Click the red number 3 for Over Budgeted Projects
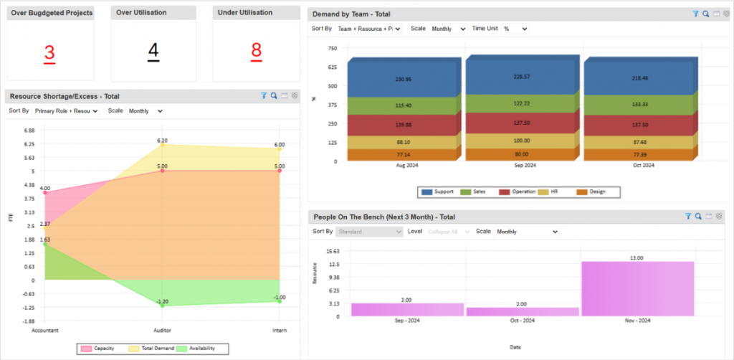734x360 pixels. click(x=49, y=53)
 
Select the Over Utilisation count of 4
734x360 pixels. click(x=153, y=52)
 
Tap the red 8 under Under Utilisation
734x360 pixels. click(x=256, y=52)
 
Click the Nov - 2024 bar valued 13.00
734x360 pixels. click(x=637, y=288)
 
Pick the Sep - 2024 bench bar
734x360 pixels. click(x=407, y=309)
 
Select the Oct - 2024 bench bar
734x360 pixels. click(x=522, y=311)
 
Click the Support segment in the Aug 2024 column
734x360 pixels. click(x=401, y=79)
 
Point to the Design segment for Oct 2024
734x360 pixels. click(x=638, y=155)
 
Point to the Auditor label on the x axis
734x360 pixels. click(x=162, y=331)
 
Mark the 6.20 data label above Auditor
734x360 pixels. click(x=162, y=141)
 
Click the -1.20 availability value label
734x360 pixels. click(x=162, y=301)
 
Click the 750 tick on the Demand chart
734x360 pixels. click(x=332, y=48)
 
